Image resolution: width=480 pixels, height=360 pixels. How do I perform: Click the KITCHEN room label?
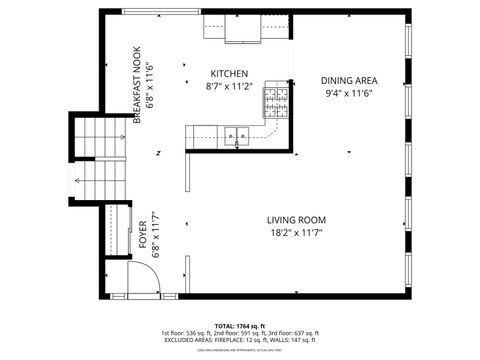click(x=229, y=74)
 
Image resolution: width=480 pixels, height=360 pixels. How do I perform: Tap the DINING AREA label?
click(x=348, y=80)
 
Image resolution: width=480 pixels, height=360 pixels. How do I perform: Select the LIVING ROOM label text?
click(x=296, y=220)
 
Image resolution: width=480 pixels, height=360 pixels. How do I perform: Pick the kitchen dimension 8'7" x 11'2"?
click(x=229, y=87)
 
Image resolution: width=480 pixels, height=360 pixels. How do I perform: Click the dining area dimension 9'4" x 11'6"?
click(x=348, y=93)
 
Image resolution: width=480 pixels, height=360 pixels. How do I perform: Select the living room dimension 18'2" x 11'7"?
click(x=296, y=233)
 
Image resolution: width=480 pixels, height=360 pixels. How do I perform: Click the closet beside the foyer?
click(x=111, y=232)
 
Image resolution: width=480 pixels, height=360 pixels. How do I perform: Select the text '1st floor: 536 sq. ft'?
click(x=187, y=334)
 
